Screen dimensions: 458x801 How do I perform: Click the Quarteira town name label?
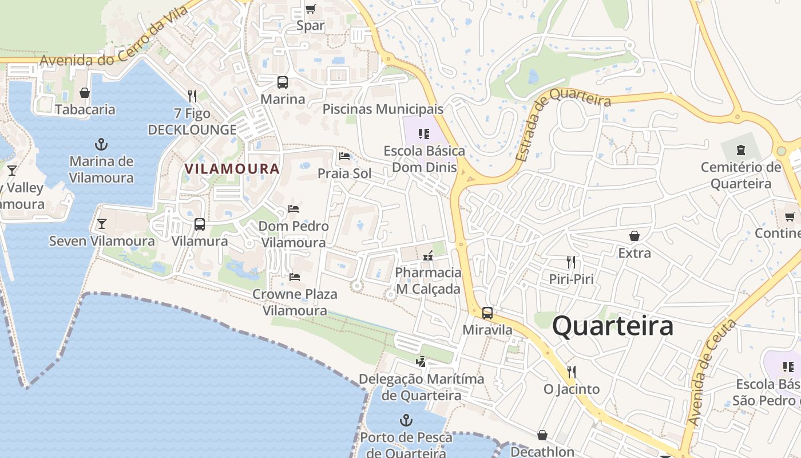tap(613, 326)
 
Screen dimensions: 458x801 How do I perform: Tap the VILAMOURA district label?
tap(232, 169)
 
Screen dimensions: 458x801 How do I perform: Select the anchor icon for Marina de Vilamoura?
tap(101, 144)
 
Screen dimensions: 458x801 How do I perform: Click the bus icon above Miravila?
tap(487, 313)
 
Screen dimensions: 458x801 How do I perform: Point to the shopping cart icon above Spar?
tap(310, 9)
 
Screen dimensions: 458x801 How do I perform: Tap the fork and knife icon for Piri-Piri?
tap(570, 262)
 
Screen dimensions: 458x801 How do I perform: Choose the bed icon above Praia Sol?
tap(344, 156)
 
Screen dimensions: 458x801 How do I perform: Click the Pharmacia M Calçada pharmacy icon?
tap(427, 256)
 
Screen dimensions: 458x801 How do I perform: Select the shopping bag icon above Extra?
tap(634, 236)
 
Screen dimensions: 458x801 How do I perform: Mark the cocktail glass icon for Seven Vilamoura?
tap(102, 223)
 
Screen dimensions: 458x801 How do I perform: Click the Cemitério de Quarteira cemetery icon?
tap(741, 150)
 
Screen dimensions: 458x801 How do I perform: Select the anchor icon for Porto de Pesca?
tap(406, 420)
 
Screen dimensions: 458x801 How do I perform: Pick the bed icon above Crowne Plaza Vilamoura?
tap(295, 277)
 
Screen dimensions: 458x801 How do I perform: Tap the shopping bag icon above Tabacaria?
tap(85, 93)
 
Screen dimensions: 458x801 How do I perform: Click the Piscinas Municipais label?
tap(383, 109)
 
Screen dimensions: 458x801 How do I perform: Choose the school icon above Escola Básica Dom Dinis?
tap(424, 134)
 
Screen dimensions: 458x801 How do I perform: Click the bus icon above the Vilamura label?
tap(200, 224)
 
